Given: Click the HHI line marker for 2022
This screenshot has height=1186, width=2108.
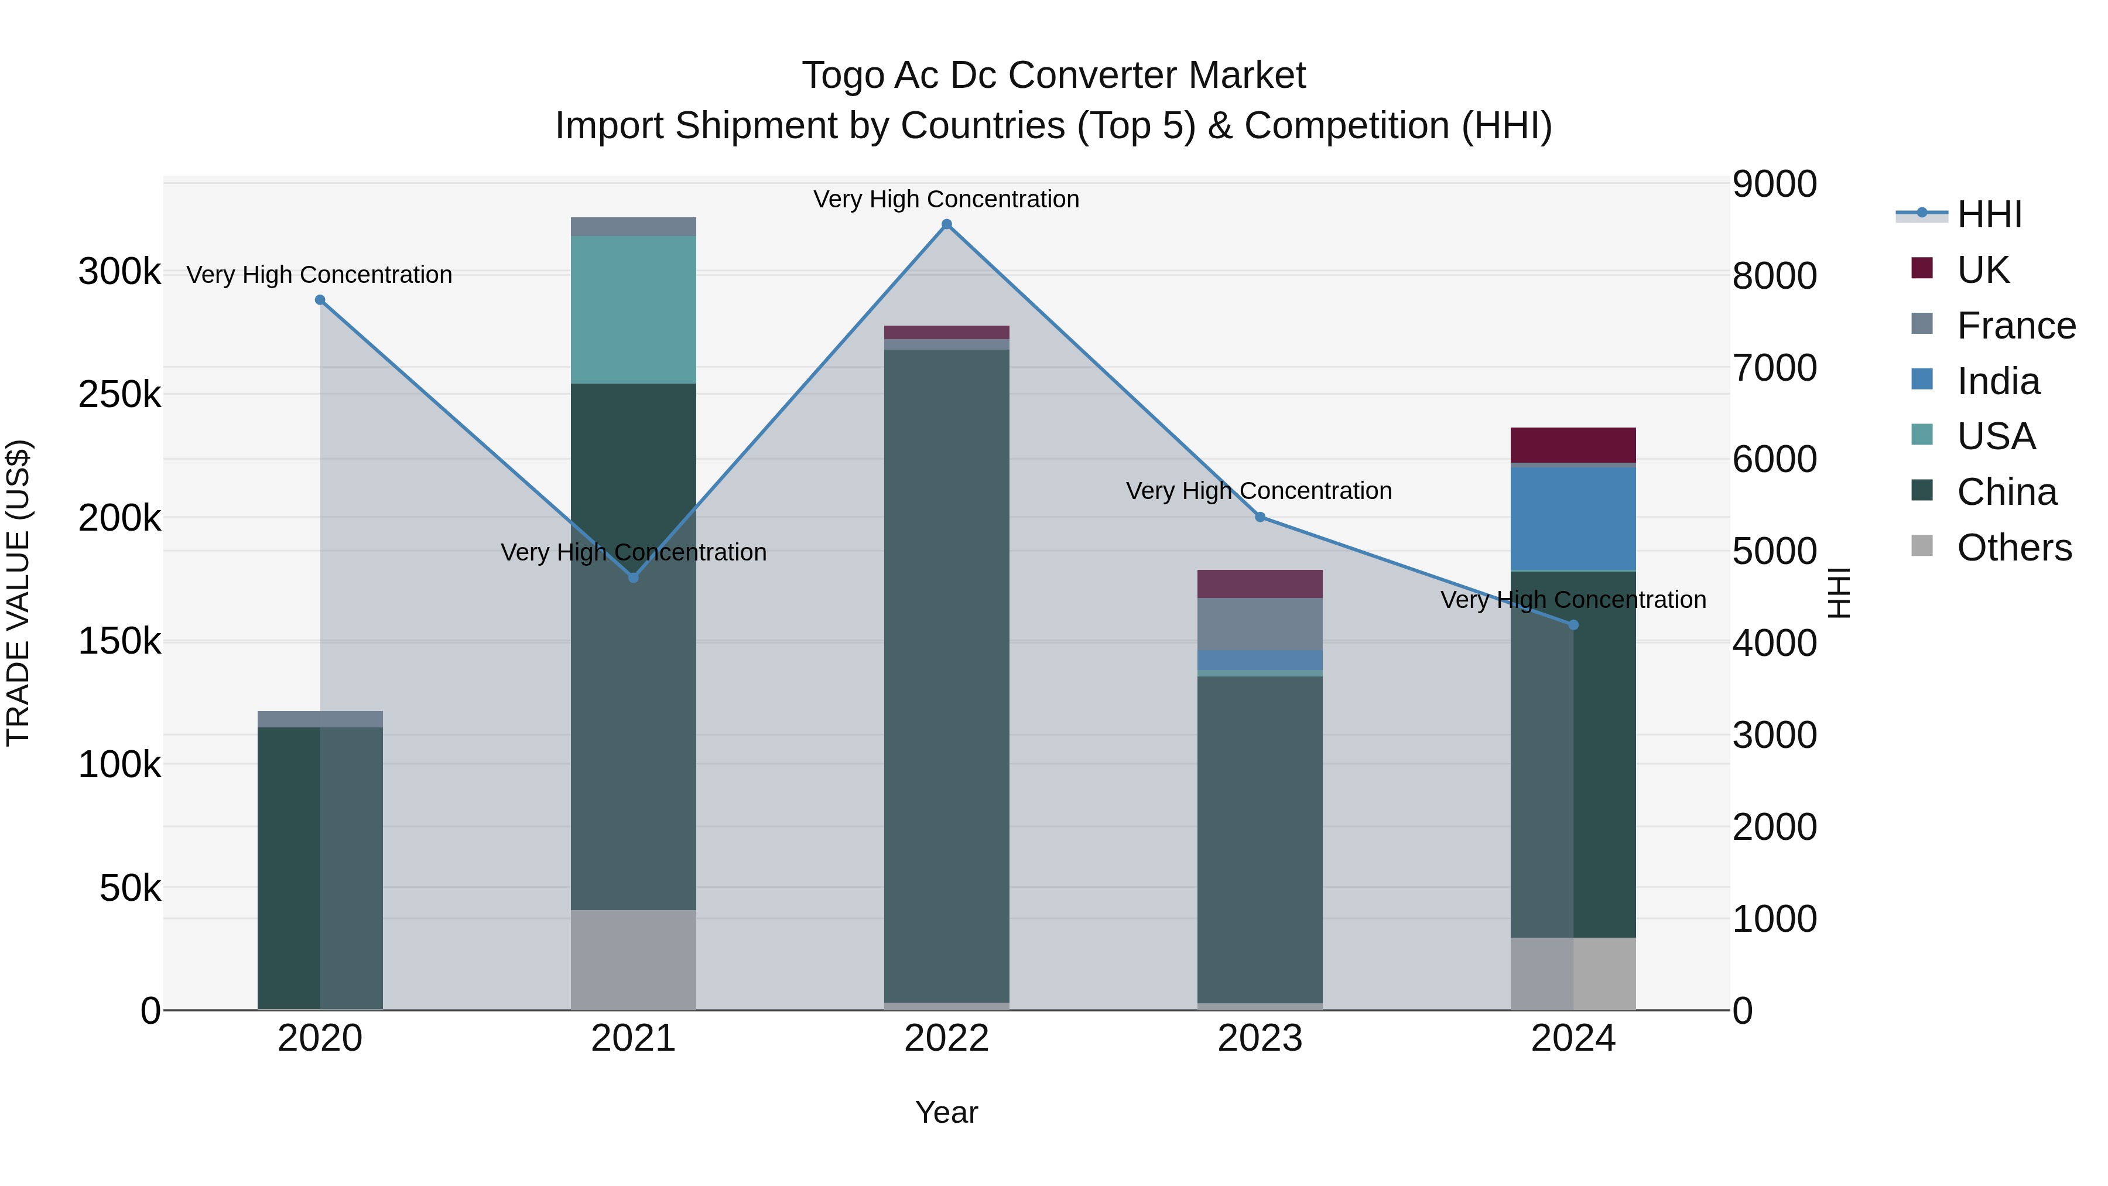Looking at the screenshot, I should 947,224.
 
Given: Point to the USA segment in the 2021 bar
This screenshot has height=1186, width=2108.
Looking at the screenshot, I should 634,309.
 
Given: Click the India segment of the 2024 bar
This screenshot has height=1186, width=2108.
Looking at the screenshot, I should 1573,519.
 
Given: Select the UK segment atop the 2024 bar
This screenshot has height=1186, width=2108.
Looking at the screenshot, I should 1573,445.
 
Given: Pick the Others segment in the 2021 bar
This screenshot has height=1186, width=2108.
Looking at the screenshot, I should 634,959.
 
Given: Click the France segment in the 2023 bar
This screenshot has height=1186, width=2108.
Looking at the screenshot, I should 1260,624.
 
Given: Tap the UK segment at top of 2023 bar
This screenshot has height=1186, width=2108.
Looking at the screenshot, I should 1260,583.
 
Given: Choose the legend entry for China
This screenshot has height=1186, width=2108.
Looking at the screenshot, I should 2006,492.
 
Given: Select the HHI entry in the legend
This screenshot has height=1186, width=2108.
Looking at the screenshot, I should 1989,214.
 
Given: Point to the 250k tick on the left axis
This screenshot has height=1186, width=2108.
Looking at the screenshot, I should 119,395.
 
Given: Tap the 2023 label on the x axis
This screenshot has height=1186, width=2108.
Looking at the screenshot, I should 1260,1038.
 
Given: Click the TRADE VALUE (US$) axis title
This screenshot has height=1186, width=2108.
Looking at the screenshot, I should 18,593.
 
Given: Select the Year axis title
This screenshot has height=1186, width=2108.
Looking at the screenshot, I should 947,1112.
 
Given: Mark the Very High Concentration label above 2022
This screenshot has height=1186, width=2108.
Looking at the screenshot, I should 947,199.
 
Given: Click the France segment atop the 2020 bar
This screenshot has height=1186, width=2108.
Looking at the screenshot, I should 320,719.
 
